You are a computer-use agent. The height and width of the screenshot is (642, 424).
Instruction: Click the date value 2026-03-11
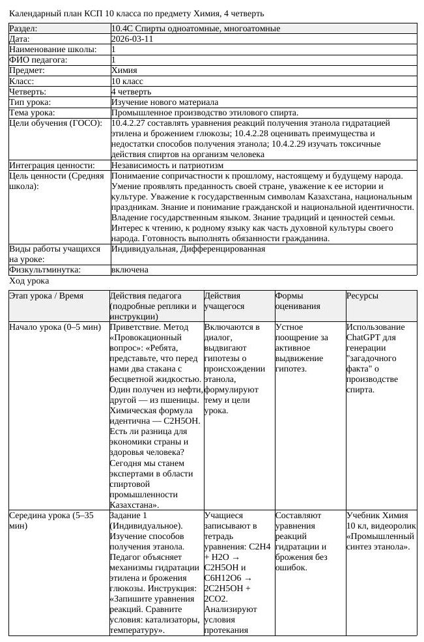tap(133, 39)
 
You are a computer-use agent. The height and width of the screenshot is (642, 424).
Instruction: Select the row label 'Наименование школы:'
tap(53, 50)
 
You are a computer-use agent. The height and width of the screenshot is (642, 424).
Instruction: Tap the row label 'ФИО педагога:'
tap(38, 60)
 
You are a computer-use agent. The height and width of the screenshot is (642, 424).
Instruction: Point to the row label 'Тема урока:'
tap(32, 113)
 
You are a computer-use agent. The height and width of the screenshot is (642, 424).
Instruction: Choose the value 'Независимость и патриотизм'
tap(167, 166)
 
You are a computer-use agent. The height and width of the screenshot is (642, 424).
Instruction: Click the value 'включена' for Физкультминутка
tap(130, 269)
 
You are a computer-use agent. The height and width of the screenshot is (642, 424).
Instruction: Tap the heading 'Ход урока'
tap(29, 281)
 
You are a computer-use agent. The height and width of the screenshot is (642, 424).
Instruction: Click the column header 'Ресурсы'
tap(362, 296)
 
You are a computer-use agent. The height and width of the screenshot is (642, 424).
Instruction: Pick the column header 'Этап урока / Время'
tap(46, 296)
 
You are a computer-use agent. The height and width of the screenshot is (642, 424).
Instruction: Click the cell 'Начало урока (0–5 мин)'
tap(55, 327)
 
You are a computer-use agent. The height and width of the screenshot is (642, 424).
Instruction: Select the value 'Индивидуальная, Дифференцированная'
tap(188, 249)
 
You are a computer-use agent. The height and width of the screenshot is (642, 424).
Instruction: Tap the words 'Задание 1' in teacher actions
tap(129, 516)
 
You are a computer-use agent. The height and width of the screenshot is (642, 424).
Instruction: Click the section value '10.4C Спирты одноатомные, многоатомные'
tap(196, 29)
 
